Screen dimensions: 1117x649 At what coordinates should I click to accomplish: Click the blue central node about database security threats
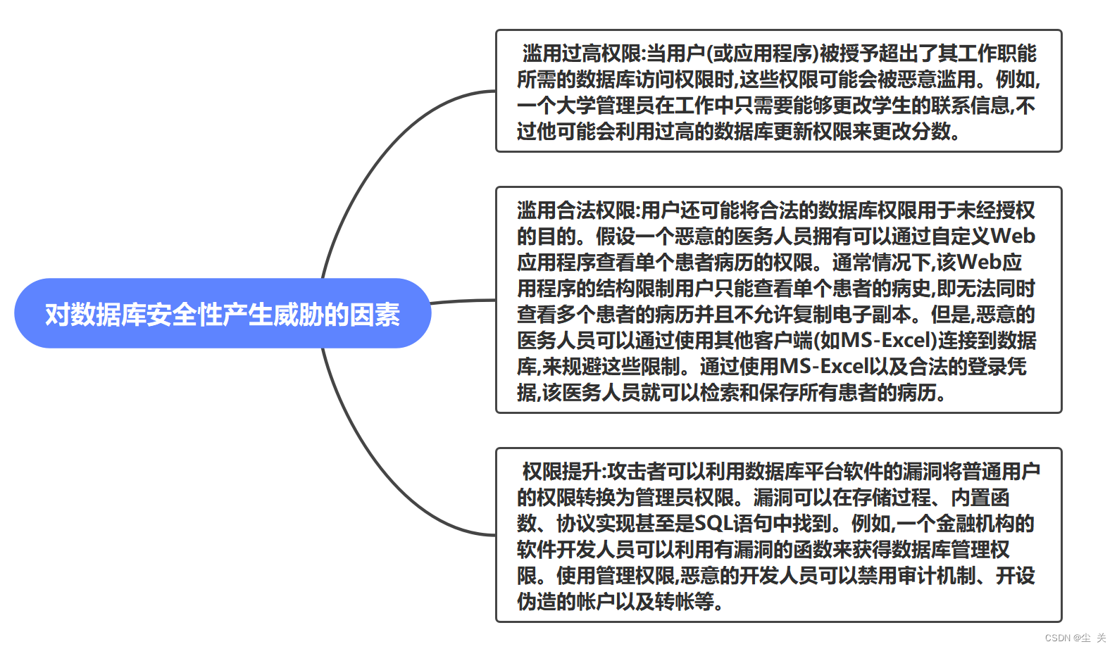(x=223, y=314)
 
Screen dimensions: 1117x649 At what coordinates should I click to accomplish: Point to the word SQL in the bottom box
(x=713, y=524)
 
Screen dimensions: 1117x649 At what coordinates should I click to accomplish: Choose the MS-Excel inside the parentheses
(x=888, y=341)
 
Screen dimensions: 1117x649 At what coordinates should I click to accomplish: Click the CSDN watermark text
(x=1075, y=638)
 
